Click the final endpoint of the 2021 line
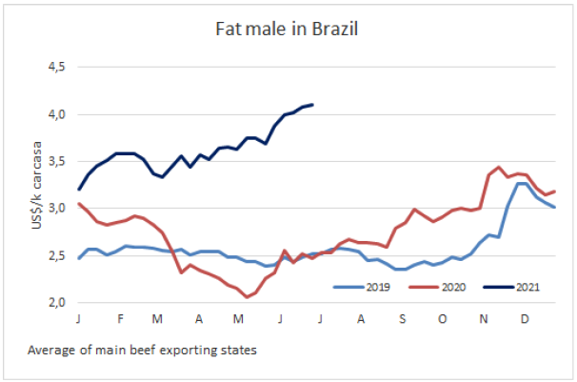(x=312, y=105)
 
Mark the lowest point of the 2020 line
(x=247, y=296)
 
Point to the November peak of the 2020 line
(x=499, y=168)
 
